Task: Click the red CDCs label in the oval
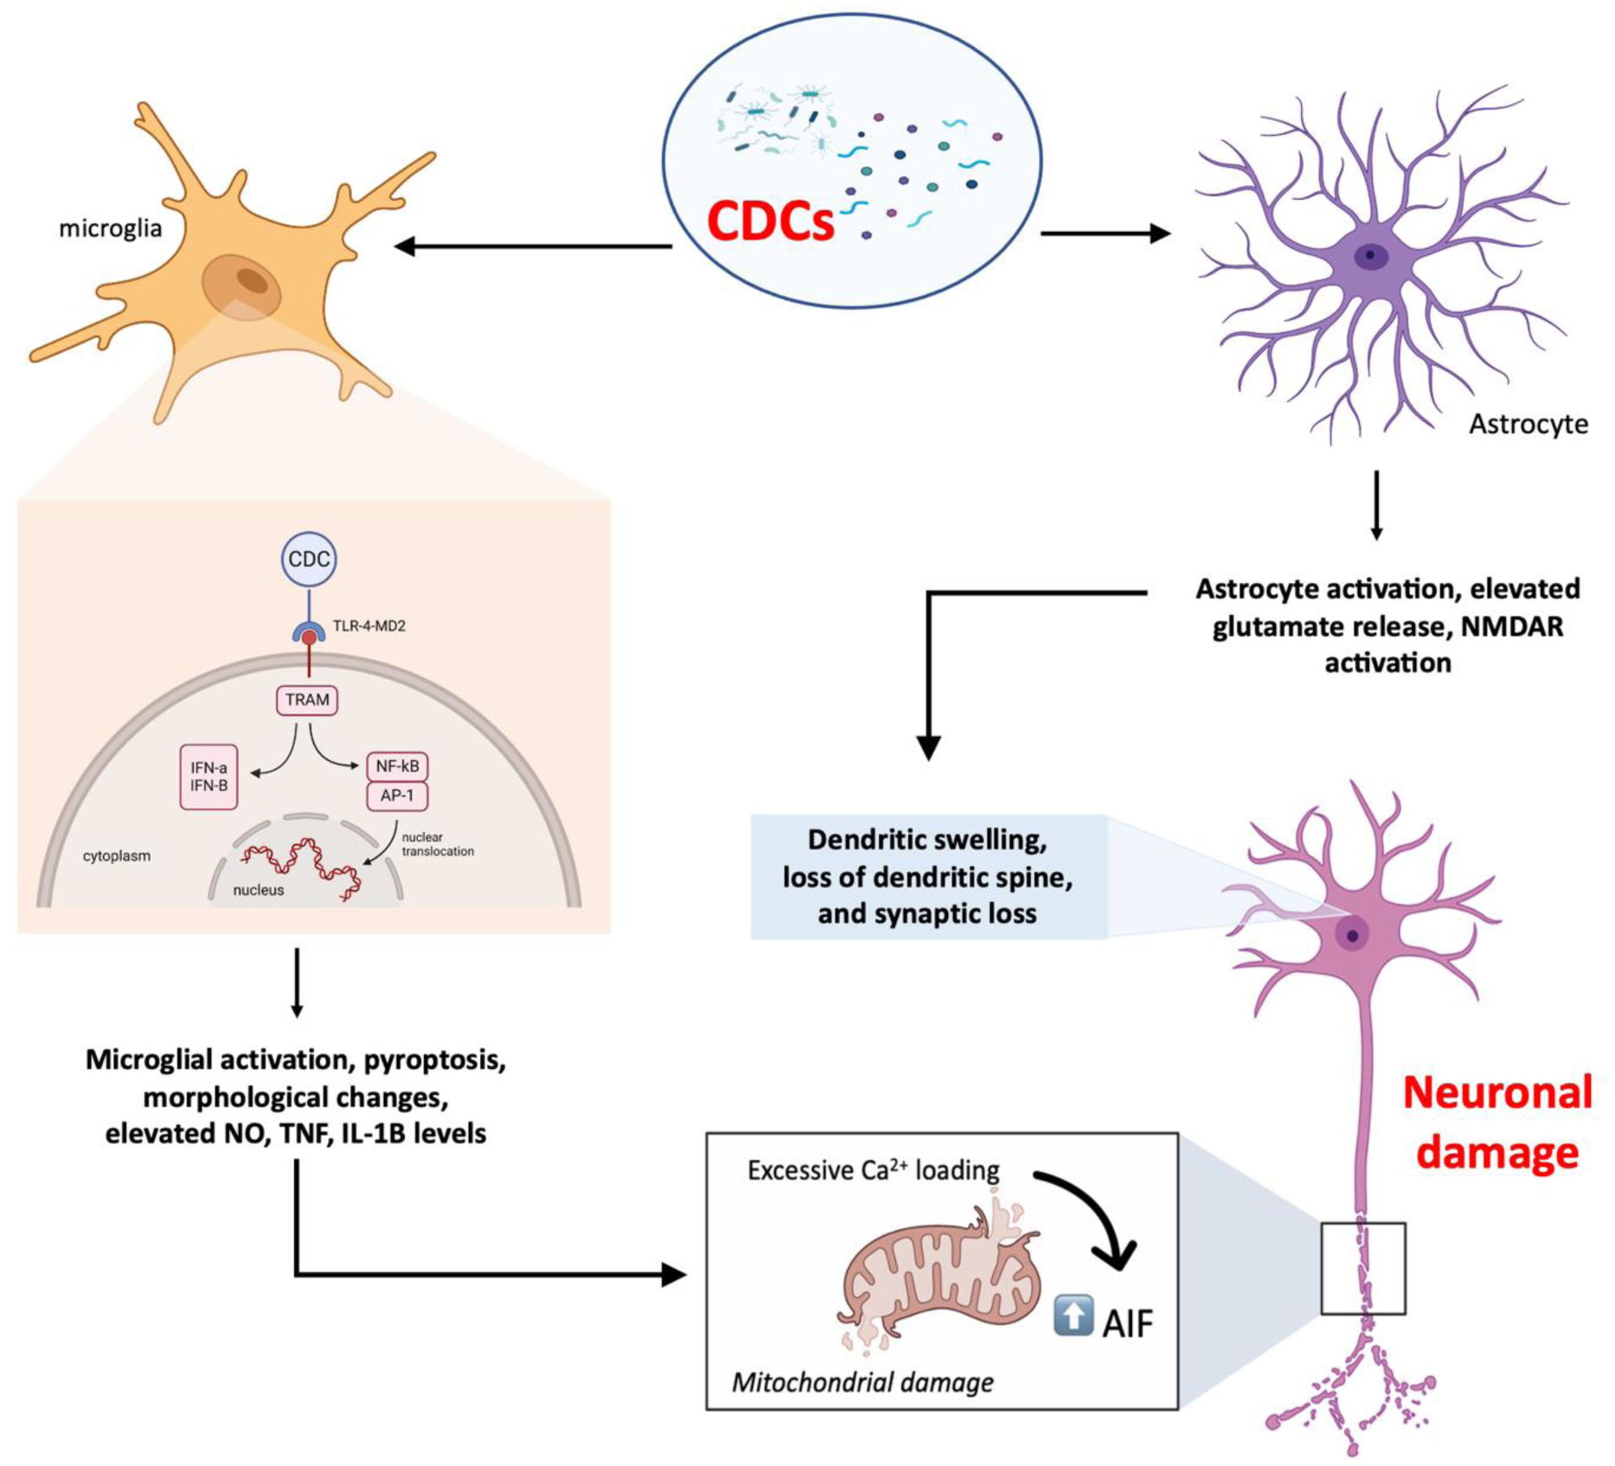(770, 221)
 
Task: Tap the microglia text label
(110, 228)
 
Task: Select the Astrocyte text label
(1528, 424)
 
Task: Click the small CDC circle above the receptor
(309, 560)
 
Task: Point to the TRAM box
(307, 700)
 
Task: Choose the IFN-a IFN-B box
(208, 777)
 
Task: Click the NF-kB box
(397, 766)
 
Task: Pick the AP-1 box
(397, 796)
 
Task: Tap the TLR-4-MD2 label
(369, 625)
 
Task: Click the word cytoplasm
(117, 856)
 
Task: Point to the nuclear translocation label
(437, 844)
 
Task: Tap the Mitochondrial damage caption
(862, 1382)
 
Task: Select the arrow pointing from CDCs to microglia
(533, 246)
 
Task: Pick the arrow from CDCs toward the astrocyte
(1105, 234)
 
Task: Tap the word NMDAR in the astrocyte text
(1511, 626)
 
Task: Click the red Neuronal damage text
(1497, 1122)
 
